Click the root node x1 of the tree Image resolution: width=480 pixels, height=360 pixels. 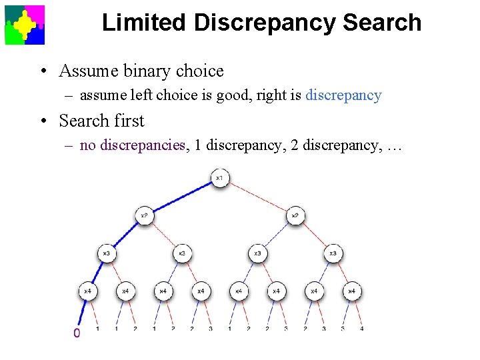pyautogui.click(x=219, y=178)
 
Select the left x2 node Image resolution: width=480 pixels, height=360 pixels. pyautogui.click(x=144, y=215)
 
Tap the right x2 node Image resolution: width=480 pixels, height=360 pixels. pyautogui.click(x=295, y=215)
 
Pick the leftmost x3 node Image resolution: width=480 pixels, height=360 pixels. pyautogui.click(x=107, y=253)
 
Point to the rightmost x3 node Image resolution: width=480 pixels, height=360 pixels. pyautogui.click(x=333, y=253)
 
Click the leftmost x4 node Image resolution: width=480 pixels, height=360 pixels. pyautogui.click(x=88, y=291)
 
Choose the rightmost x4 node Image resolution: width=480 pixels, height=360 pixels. pyautogui.click(x=351, y=291)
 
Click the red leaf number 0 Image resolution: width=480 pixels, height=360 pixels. pyautogui.click(x=77, y=333)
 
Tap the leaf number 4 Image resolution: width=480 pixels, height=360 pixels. pyautogui.click(x=361, y=329)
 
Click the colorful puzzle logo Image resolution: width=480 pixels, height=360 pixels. pyautogui.click(x=25, y=25)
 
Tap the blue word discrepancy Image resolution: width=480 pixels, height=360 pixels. pyautogui.click(x=343, y=95)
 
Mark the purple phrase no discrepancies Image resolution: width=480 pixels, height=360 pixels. pyautogui.click(x=132, y=145)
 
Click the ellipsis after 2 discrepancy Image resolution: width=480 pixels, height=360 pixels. pyautogui.click(x=394, y=146)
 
